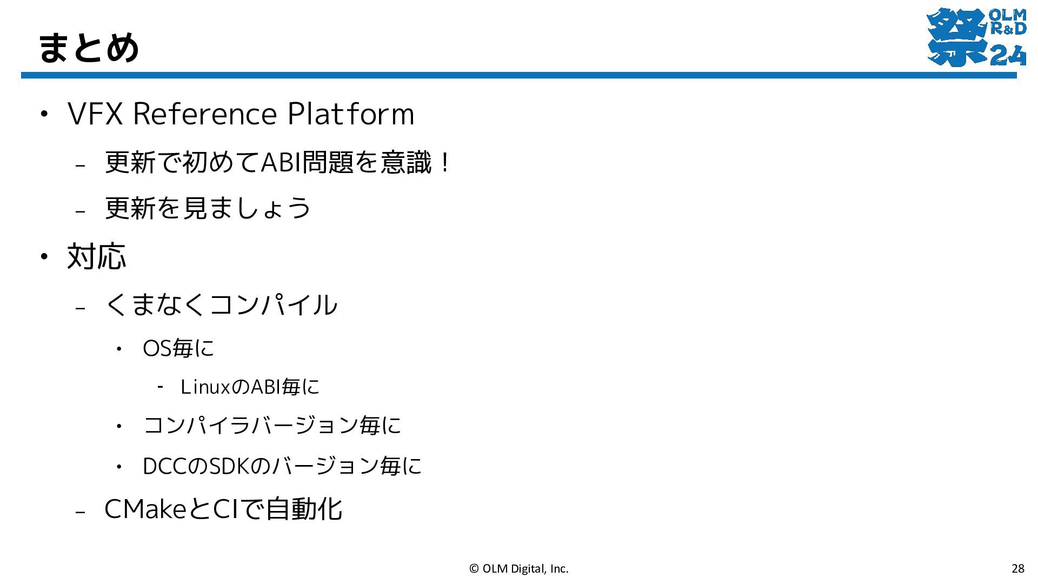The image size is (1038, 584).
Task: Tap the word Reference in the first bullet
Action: [x=204, y=114]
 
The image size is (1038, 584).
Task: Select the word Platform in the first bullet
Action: [x=350, y=114]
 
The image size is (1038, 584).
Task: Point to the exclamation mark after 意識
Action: [x=445, y=162]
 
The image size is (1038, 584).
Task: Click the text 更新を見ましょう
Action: [x=208, y=208]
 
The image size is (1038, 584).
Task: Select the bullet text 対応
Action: [x=96, y=256]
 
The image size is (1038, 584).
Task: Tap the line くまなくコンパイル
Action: [x=221, y=304]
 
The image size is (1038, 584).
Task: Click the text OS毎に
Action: [x=178, y=348]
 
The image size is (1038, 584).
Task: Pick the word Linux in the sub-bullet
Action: [x=206, y=387]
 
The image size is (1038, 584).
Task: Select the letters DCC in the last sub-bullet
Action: [x=164, y=466]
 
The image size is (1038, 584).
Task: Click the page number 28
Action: [x=1018, y=568]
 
